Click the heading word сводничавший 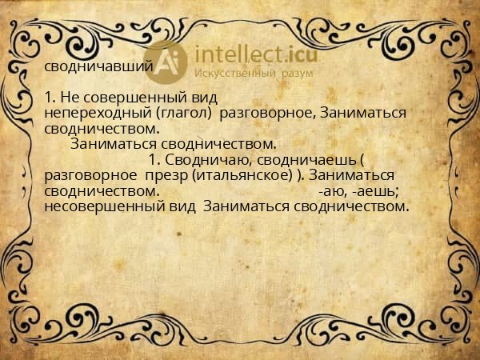98,67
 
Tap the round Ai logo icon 169,62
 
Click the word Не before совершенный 70,98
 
